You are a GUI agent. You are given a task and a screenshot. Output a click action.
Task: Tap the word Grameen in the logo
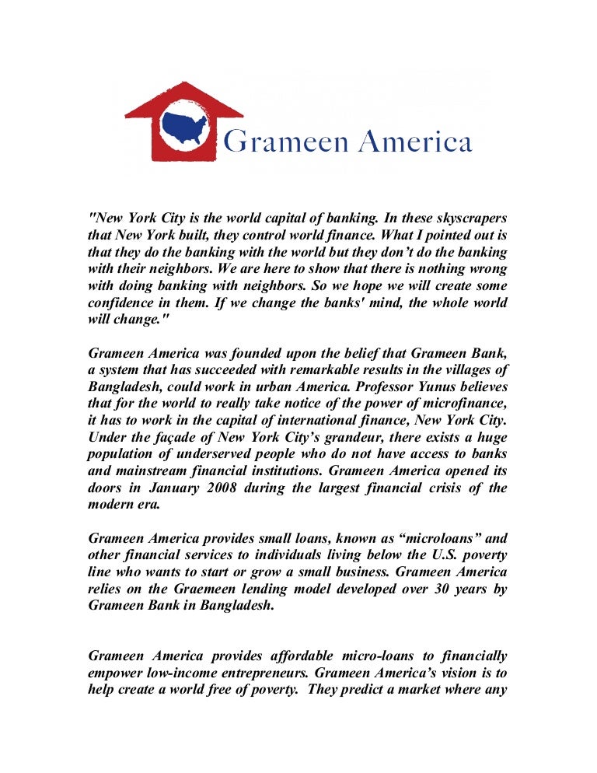(x=275, y=143)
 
